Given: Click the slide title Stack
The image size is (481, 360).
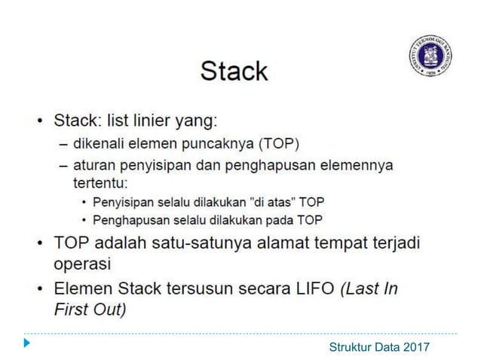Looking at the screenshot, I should click(234, 71).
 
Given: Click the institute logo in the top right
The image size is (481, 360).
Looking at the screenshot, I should click(430, 55).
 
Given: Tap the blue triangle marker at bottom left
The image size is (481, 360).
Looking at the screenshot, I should click(27, 344).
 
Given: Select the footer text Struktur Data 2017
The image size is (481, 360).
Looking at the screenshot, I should click(379, 346).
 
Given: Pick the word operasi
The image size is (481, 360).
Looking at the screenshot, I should click(82, 264).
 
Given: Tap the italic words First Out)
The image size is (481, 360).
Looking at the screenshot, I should click(90, 309).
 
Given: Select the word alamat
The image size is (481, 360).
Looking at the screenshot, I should click(283, 244).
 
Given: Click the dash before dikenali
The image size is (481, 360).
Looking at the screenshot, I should click(64, 143).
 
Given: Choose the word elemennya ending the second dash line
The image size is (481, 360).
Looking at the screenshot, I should click(355, 164).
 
